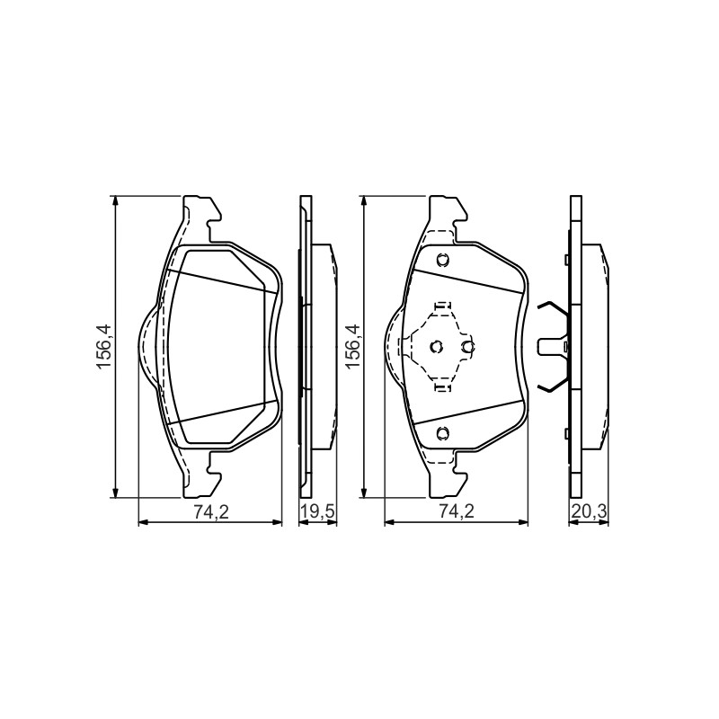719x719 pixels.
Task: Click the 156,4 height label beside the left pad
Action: pyautogui.click(x=102, y=347)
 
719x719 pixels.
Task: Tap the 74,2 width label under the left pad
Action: pyautogui.click(x=210, y=512)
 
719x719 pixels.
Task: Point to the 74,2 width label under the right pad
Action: pyautogui.click(x=457, y=512)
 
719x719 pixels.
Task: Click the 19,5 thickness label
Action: pyautogui.click(x=318, y=512)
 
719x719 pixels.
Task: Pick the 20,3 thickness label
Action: pyautogui.click(x=589, y=512)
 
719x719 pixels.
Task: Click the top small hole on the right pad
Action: pyautogui.click(x=443, y=260)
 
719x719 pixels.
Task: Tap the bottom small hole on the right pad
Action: pyautogui.click(x=443, y=432)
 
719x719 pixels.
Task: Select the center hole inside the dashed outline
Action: pyautogui.click(x=437, y=347)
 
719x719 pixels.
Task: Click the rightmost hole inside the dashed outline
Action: pyautogui.click(x=468, y=347)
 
